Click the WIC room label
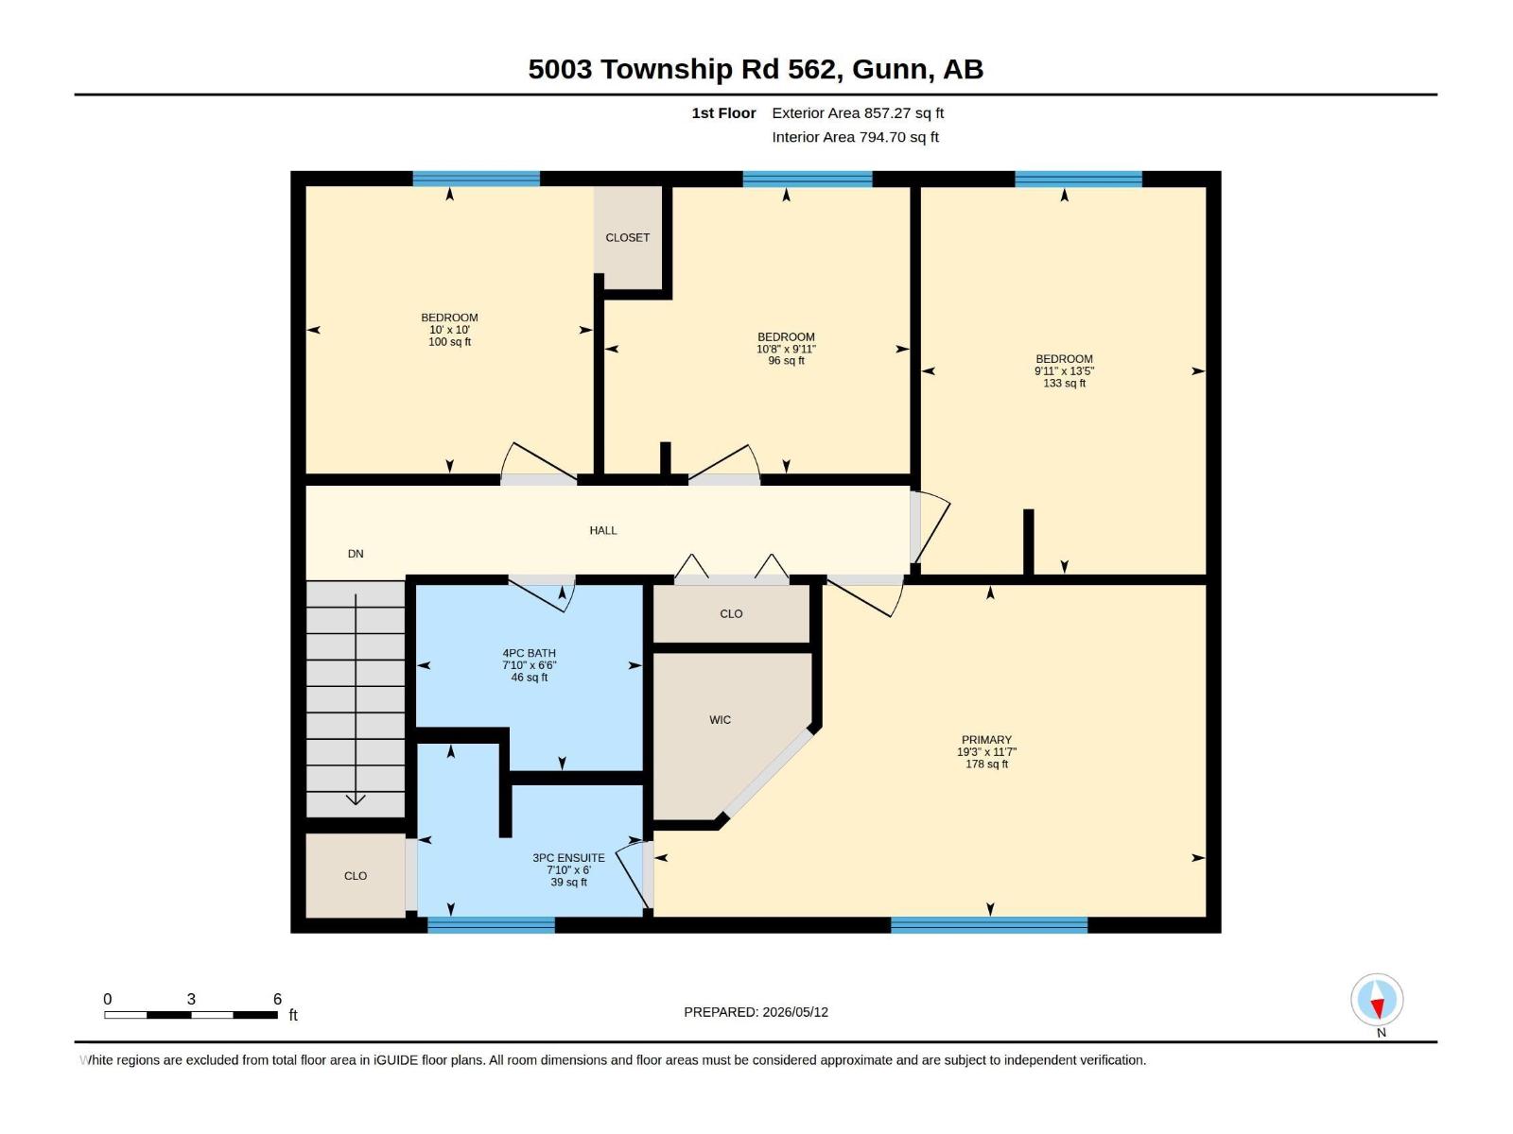tap(720, 719)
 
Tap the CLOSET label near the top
tap(627, 237)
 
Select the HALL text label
tap(603, 530)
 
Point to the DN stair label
tap(356, 554)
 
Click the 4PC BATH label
tap(529, 653)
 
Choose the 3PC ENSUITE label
tap(568, 858)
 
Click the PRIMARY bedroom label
tap(986, 740)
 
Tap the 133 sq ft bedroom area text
tap(1064, 383)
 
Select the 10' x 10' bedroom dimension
tap(449, 330)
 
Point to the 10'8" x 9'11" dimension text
tap(786, 349)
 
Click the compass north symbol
tap(1377, 999)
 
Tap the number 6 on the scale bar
tap(277, 999)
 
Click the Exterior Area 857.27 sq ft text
tap(858, 112)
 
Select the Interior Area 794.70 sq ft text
tap(855, 137)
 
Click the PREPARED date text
tap(756, 1012)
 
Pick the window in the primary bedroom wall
tap(989, 925)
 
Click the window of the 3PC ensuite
tap(491, 925)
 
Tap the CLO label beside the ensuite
tap(356, 876)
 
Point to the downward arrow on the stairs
tap(356, 699)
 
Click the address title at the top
tap(756, 69)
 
